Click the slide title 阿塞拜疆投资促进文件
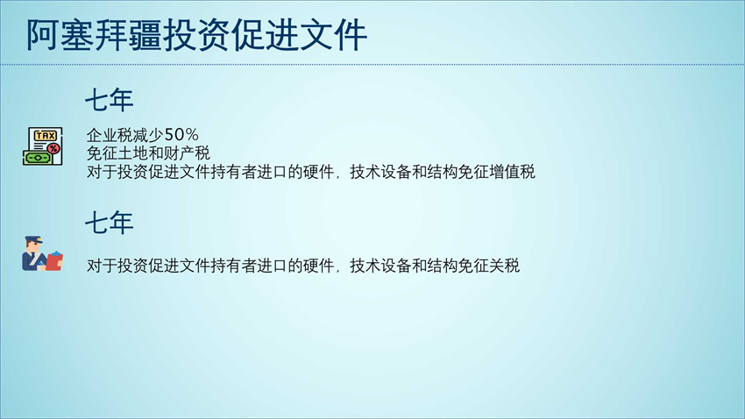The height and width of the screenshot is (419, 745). (x=196, y=35)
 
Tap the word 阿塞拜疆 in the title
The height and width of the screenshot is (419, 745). (x=94, y=35)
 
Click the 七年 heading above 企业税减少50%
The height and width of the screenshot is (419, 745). (x=110, y=100)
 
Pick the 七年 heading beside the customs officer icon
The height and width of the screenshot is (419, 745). (x=110, y=223)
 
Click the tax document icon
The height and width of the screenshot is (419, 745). (x=43, y=146)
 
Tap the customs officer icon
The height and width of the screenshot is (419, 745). (x=42, y=253)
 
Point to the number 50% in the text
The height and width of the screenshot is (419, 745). (x=181, y=135)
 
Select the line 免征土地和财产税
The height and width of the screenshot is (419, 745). (x=148, y=153)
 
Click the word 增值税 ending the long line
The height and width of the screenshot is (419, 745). (x=512, y=172)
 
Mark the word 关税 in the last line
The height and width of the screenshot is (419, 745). (x=505, y=266)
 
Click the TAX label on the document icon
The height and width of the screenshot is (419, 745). (x=45, y=136)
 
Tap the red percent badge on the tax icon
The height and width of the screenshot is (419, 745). (x=53, y=149)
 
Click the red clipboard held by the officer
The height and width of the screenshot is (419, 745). (x=54, y=261)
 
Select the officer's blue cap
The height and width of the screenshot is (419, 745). (x=33, y=240)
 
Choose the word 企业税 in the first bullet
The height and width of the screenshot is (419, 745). (x=110, y=135)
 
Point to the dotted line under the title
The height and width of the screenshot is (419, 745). (x=372, y=65)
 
